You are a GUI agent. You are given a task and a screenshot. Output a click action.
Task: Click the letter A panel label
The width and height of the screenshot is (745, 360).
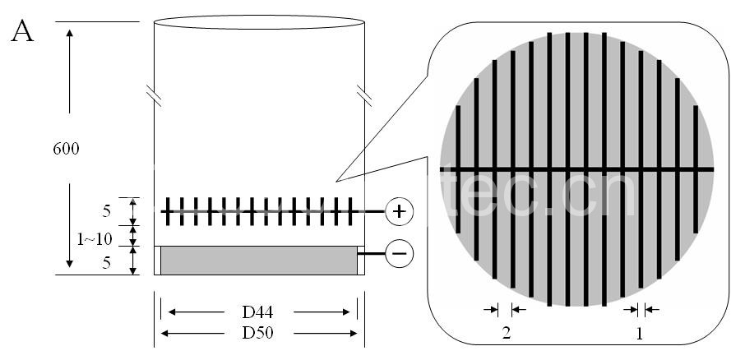[x=22, y=34]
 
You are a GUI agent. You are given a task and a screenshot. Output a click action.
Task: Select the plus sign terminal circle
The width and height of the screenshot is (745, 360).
[x=399, y=211]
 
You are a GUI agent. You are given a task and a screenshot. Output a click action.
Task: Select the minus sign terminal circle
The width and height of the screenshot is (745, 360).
[x=399, y=254]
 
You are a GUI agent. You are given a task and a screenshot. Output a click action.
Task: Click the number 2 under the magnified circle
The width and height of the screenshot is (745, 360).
[x=507, y=334]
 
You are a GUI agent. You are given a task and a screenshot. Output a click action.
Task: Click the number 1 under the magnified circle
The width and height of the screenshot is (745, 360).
[x=640, y=334]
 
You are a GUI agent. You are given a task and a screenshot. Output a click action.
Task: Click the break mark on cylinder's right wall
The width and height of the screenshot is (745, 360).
[x=364, y=95]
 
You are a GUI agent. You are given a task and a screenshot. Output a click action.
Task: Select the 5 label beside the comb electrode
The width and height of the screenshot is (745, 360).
[x=106, y=211]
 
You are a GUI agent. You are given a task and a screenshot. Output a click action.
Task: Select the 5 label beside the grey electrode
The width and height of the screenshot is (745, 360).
[x=106, y=263]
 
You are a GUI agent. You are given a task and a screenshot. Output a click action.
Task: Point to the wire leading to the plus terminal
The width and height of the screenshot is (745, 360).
[x=372, y=211]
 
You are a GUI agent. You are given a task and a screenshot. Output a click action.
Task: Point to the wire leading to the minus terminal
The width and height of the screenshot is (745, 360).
[x=374, y=254]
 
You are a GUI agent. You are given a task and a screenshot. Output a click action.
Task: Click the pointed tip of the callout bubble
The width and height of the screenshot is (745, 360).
[x=336, y=181]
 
